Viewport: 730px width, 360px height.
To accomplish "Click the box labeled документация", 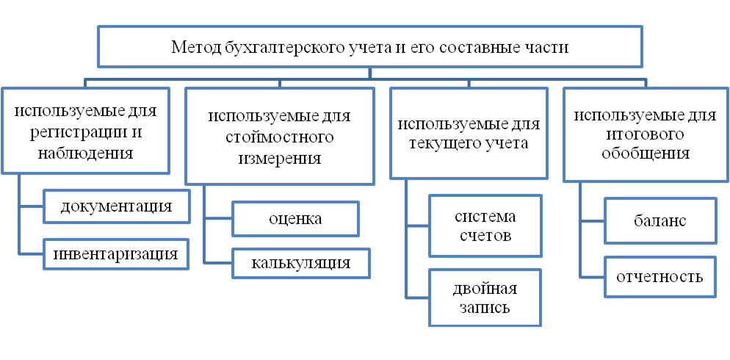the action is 117,206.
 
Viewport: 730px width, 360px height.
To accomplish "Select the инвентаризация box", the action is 116,253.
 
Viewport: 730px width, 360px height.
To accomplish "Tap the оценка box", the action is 295,218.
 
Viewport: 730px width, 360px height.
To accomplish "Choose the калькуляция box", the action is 301,263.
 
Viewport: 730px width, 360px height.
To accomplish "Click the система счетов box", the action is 485,226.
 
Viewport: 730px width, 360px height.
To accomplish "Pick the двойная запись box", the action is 485,298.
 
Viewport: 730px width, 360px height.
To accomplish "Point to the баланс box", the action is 660,220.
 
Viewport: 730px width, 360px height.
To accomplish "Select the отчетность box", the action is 660,277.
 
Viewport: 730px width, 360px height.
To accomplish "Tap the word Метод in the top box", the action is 189,47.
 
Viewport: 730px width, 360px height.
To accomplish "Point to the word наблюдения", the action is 85,154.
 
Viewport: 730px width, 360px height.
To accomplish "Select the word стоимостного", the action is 280,138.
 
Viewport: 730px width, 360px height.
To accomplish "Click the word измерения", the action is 280,159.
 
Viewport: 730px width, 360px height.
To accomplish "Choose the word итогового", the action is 646,135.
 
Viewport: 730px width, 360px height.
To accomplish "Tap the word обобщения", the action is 646,154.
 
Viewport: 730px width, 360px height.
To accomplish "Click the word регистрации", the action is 79,133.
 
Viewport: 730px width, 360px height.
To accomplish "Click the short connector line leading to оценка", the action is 218,218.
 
